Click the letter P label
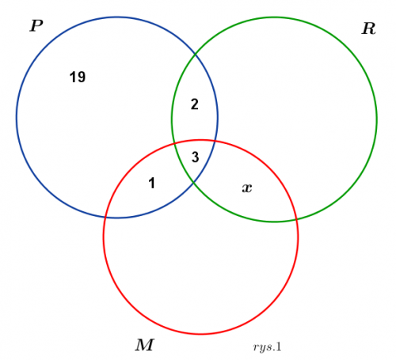[x=36, y=26]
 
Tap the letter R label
[x=368, y=28]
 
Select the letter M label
[x=145, y=345]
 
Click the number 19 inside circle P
[x=78, y=78]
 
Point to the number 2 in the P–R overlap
[x=195, y=104]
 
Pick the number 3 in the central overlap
[x=195, y=157]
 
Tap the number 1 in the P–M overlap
[x=151, y=183]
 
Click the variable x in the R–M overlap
[x=247, y=188]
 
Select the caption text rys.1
[x=267, y=347]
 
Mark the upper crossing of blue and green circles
[x=195, y=54]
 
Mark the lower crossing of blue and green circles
[x=194, y=182]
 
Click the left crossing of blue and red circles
[x=105, y=218]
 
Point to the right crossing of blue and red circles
[x=215, y=142]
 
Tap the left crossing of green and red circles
[x=174, y=143]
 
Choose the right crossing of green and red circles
[x=297, y=219]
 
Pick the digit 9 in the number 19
[x=82, y=78]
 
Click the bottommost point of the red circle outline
[x=200, y=334]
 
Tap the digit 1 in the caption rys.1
[x=278, y=347]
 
